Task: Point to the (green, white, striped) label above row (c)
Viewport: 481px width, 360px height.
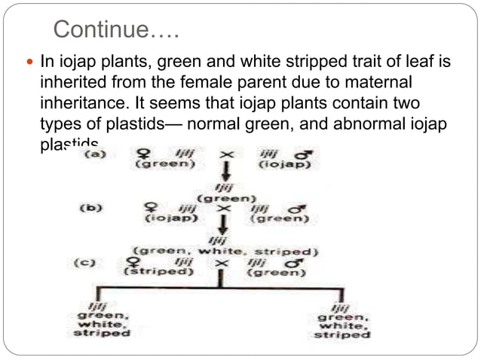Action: coord(225,250)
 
